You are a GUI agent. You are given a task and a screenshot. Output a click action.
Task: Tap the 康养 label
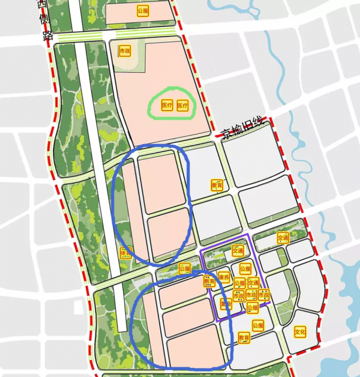pyautogui.click(x=224, y=279)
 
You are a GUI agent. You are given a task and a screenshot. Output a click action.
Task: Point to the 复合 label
pyautogui.click(x=226, y=304)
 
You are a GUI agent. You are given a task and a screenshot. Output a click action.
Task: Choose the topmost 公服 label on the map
pyautogui.click(x=142, y=11)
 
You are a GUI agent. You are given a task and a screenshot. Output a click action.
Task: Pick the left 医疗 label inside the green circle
pyautogui.click(x=167, y=106)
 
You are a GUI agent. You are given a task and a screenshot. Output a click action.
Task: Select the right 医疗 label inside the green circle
pyautogui.click(x=183, y=106)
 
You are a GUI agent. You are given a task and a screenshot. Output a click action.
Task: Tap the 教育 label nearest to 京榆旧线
pyautogui.click(x=217, y=185)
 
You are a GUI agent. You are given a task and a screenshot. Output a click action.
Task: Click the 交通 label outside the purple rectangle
pyautogui.click(x=283, y=238)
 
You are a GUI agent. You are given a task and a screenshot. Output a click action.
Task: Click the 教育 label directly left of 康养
pyautogui.click(x=209, y=280)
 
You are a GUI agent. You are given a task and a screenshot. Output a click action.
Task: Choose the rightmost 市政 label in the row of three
pyautogui.click(x=263, y=295)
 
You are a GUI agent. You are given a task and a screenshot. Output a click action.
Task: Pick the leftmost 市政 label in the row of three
pyautogui.click(x=238, y=295)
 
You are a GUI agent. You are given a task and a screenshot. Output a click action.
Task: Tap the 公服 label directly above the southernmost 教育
pyautogui.click(x=257, y=326)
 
